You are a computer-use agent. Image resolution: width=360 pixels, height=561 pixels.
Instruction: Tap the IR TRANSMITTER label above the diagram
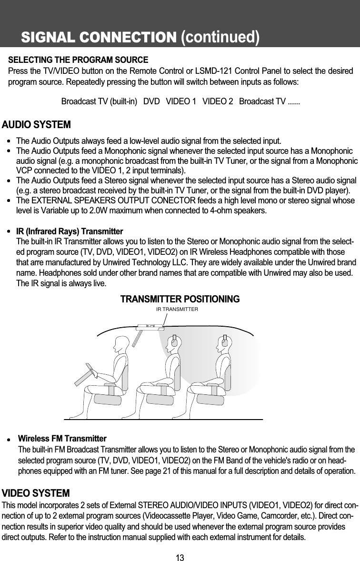pyautogui.click(x=177, y=309)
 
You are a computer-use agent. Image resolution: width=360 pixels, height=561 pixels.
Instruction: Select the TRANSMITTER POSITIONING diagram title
pyautogui.click(x=180, y=299)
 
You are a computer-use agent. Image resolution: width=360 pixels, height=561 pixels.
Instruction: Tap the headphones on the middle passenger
pyautogui.click(x=175, y=341)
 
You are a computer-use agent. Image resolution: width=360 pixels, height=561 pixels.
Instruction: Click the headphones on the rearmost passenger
pyautogui.click(x=226, y=341)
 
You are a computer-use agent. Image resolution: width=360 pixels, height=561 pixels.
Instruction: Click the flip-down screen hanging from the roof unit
pyautogui.click(x=137, y=338)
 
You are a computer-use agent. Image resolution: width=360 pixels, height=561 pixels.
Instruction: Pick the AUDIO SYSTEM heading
pyautogui.click(x=37, y=125)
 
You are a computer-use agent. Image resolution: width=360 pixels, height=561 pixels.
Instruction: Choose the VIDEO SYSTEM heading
pyautogui.click(x=36, y=479)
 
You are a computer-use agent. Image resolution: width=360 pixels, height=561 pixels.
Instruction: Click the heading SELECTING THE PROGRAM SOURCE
pyautogui.click(x=79, y=61)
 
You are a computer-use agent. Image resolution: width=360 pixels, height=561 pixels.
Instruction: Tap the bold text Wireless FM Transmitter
pyautogui.click(x=62, y=438)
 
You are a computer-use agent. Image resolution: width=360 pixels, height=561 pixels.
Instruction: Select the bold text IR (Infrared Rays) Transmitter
pyautogui.click(x=70, y=231)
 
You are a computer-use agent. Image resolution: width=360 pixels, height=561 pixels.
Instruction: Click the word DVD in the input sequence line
pyautogui.click(x=151, y=102)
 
